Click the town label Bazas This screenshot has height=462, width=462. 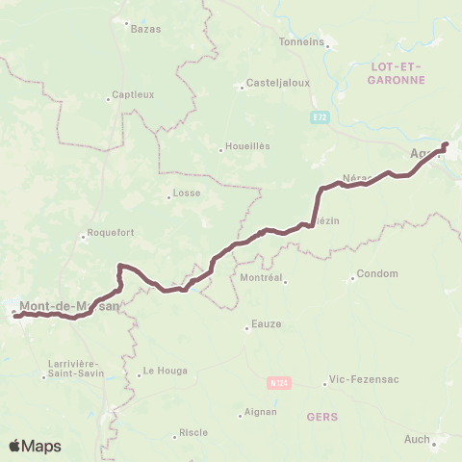tap(145, 29)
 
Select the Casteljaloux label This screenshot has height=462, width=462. tap(277, 83)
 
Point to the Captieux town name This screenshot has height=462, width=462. tap(133, 94)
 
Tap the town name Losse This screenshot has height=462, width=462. tap(186, 192)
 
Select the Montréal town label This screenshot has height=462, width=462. tap(263, 277)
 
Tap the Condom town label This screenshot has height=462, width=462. tap(376, 273)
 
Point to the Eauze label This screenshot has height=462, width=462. tap(266, 324)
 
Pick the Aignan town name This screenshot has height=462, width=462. tap(259, 412)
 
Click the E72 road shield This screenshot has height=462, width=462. tap(319, 116)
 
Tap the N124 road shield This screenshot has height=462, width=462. tap(278, 383)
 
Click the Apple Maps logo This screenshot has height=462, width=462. tap(35, 446)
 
